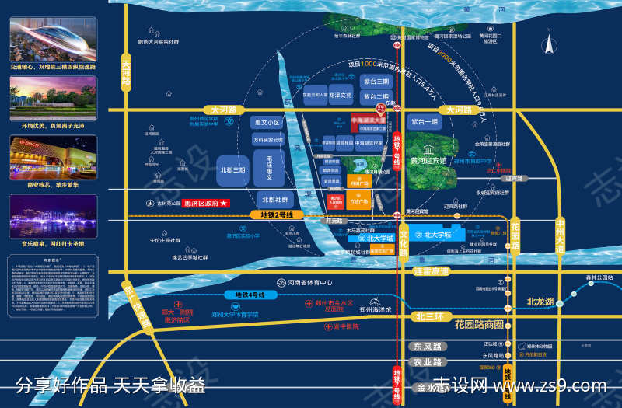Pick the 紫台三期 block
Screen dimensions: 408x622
pyautogui.click(x=376, y=81)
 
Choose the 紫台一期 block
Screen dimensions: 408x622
pyautogui.click(x=425, y=122)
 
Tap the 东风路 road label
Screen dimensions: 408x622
pyautogui.click(x=427, y=347)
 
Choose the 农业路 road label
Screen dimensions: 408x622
pyautogui.click(x=427, y=362)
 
